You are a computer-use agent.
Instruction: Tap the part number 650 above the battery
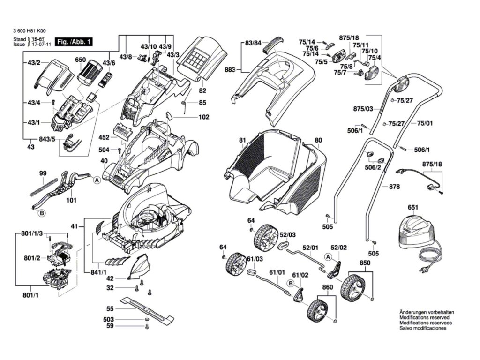coord(81,60)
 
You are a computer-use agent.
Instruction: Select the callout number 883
coord(230,70)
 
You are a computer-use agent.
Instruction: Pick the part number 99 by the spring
coord(43,173)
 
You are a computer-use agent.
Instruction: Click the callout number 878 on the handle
coord(394,187)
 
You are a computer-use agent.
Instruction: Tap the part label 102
coord(203,117)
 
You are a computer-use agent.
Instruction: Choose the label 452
coord(104,137)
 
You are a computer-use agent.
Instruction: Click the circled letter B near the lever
coord(41,213)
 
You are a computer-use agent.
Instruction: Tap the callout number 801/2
coord(31,258)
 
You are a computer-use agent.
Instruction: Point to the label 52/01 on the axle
coord(310,247)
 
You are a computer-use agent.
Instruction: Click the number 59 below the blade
coord(110,325)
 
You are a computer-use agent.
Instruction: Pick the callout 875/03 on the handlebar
coord(363,109)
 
